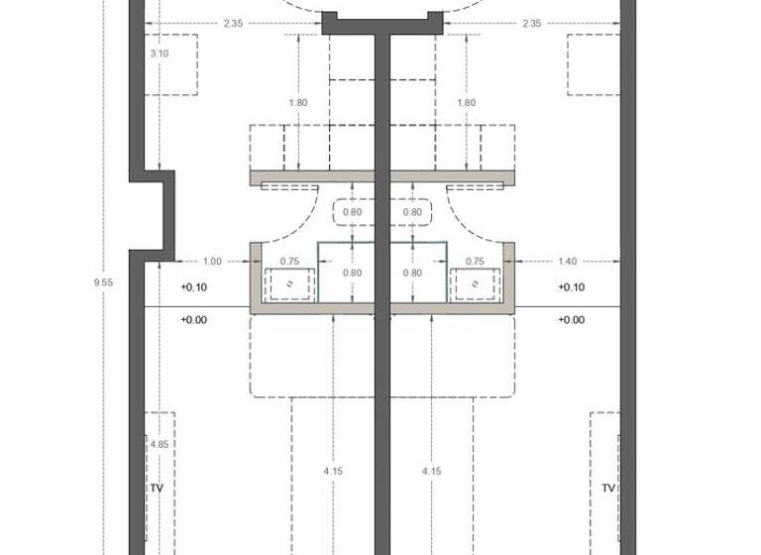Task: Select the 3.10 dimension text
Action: pos(159,54)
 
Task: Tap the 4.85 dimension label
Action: pos(159,445)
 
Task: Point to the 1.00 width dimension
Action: pos(212,262)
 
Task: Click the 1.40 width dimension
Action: pos(567,262)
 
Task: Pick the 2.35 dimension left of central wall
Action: pos(234,23)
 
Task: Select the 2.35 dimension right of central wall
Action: pos(531,23)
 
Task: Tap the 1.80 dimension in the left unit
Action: pos(297,102)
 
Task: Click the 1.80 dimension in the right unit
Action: pos(466,102)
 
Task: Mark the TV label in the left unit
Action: pos(156,489)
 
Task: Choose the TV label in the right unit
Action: pos(608,489)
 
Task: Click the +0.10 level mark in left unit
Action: pos(194,287)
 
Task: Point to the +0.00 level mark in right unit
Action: pos(572,320)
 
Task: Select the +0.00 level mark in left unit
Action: pos(194,320)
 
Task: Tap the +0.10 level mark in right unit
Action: pos(572,287)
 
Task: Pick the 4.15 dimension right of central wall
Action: pos(431,472)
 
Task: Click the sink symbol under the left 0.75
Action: pos(289,284)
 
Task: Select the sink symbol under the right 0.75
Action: pos(475,284)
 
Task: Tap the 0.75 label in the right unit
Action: pos(475,262)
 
